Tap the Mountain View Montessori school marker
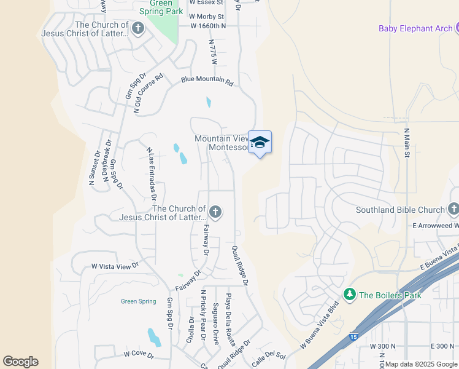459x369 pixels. [260, 142]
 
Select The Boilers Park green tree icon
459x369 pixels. [350, 295]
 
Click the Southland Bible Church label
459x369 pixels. [400, 210]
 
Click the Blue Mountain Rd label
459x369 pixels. [207, 81]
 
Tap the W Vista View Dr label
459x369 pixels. [115, 266]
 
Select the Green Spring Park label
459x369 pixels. [156, 7]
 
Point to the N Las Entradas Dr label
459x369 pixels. [152, 174]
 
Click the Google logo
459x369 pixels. [20, 362]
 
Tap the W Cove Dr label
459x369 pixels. [137, 354]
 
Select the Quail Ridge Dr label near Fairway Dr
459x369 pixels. [239, 266]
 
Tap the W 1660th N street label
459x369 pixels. [208, 26]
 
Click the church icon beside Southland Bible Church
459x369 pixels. [453, 209]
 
